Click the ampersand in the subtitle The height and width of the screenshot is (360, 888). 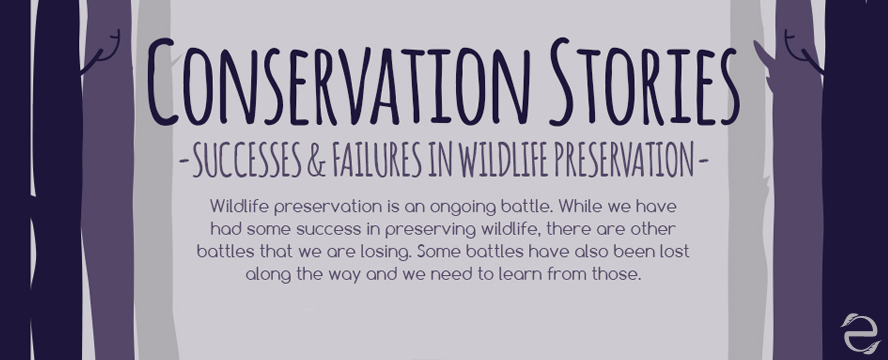pyautogui.click(x=315, y=160)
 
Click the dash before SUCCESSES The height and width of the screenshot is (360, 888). pyautogui.click(x=180, y=160)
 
